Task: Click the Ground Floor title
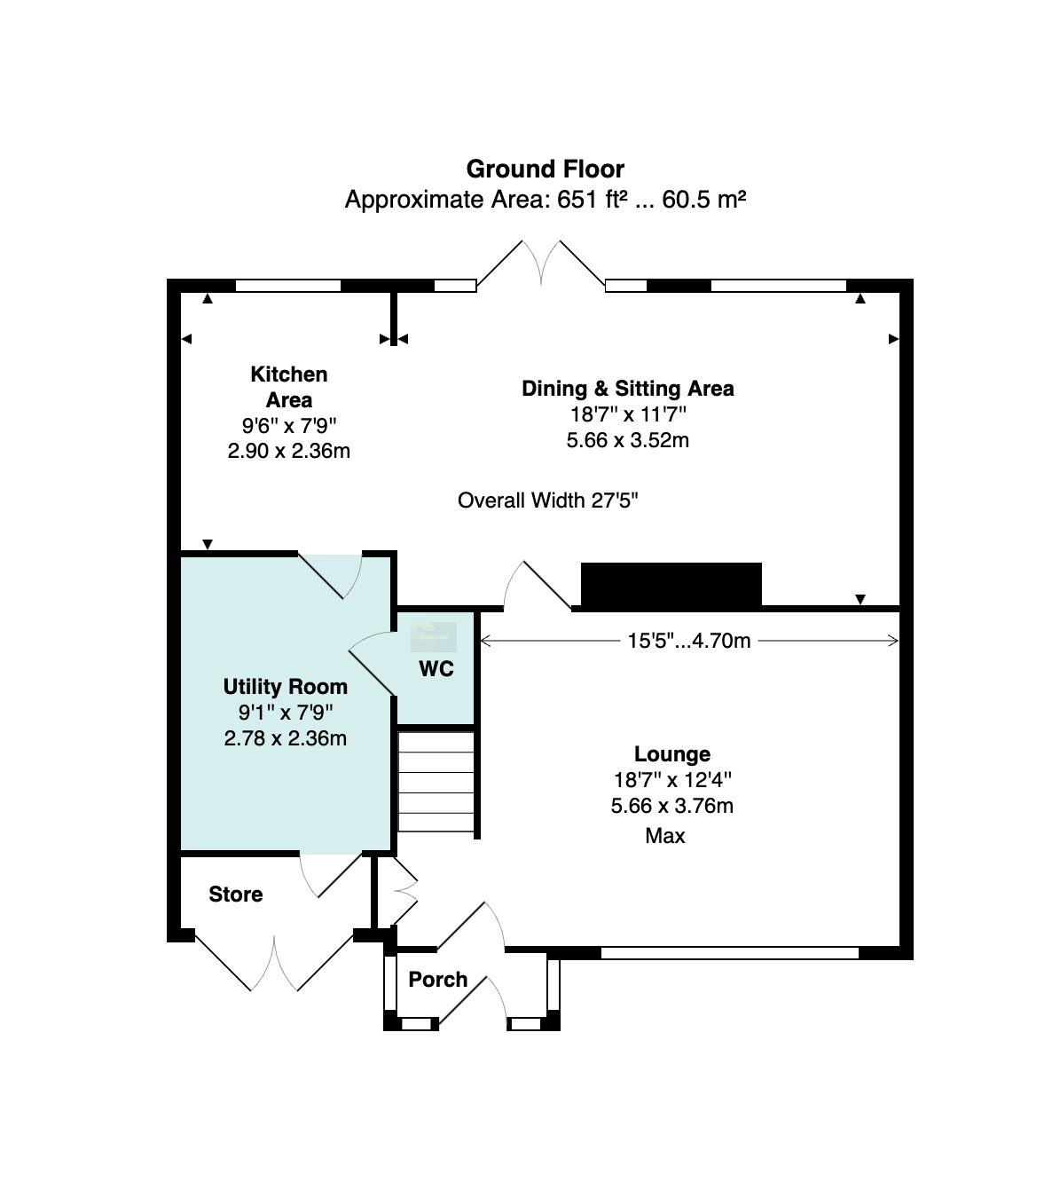(x=545, y=169)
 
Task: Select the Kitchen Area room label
(x=289, y=387)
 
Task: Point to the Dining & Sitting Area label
(x=628, y=389)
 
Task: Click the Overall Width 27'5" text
(x=548, y=500)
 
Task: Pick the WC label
(x=436, y=669)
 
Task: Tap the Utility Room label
(x=286, y=687)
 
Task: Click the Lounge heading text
(x=672, y=754)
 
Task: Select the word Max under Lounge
(x=665, y=836)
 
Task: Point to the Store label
(x=236, y=895)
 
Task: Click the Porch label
(x=438, y=979)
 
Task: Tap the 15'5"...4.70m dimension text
(x=689, y=641)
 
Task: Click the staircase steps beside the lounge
(x=436, y=782)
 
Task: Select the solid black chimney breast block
(x=671, y=584)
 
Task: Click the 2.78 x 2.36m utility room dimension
(x=286, y=738)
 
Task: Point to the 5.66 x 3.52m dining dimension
(x=628, y=440)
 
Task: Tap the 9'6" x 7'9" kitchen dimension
(x=289, y=425)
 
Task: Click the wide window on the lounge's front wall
(x=730, y=952)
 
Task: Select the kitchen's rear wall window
(x=288, y=286)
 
